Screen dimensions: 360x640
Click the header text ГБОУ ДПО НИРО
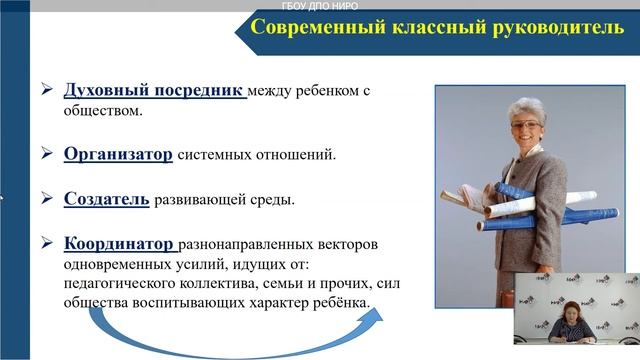(x=323, y=5)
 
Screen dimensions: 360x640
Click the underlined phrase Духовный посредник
(x=154, y=91)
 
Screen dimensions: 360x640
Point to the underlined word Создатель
(x=106, y=199)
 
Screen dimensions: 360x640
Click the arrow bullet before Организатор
(x=46, y=155)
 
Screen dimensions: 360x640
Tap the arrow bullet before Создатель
(x=46, y=199)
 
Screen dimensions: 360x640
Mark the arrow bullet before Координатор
(x=46, y=243)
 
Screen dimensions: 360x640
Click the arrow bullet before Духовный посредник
(x=46, y=91)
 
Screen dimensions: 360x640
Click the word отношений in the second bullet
(x=316, y=155)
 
